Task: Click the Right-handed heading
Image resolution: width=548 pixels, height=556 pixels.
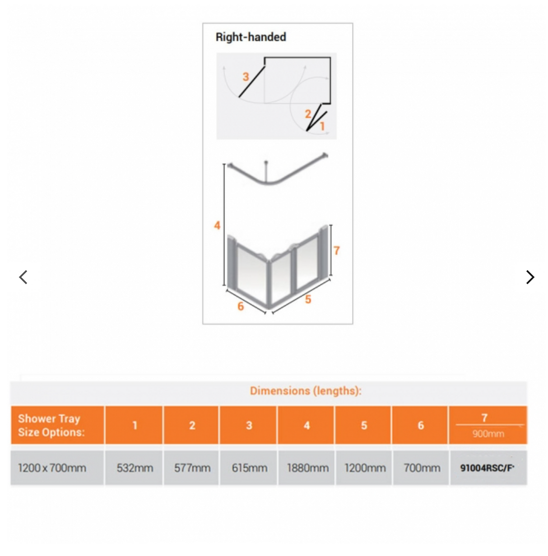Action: pyautogui.click(x=251, y=37)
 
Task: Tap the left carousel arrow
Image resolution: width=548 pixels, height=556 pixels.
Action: pyautogui.click(x=23, y=277)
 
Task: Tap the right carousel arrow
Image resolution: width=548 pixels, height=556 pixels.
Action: pyautogui.click(x=530, y=277)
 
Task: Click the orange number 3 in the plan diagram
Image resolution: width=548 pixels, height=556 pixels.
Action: pyautogui.click(x=246, y=77)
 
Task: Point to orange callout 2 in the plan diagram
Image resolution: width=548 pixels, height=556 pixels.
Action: pyautogui.click(x=308, y=114)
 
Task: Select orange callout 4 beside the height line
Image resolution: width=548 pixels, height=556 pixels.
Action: pyautogui.click(x=217, y=225)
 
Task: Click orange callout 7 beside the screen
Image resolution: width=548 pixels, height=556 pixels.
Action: pyautogui.click(x=337, y=250)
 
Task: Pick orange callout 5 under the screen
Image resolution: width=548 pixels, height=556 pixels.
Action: pyautogui.click(x=308, y=299)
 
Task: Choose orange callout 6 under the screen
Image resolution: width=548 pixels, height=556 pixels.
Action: pyautogui.click(x=241, y=306)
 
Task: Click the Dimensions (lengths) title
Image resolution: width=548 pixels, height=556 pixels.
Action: pyautogui.click(x=306, y=391)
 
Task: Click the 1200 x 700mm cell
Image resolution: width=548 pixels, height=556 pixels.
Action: pyautogui.click(x=52, y=468)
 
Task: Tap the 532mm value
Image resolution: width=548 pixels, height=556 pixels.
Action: pyautogui.click(x=135, y=468)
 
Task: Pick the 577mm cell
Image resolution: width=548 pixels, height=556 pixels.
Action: pyautogui.click(x=192, y=468)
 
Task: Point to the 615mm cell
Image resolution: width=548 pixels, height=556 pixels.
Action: pyautogui.click(x=249, y=468)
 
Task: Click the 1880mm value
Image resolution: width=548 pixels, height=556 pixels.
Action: pyautogui.click(x=307, y=468)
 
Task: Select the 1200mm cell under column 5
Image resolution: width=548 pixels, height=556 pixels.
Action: pyautogui.click(x=365, y=468)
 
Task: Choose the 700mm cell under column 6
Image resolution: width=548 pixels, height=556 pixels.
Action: pyautogui.click(x=422, y=468)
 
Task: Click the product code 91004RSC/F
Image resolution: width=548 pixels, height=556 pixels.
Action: pyautogui.click(x=487, y=468)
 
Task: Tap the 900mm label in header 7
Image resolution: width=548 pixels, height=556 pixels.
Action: pyautogui.click(x=488, y=434)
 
